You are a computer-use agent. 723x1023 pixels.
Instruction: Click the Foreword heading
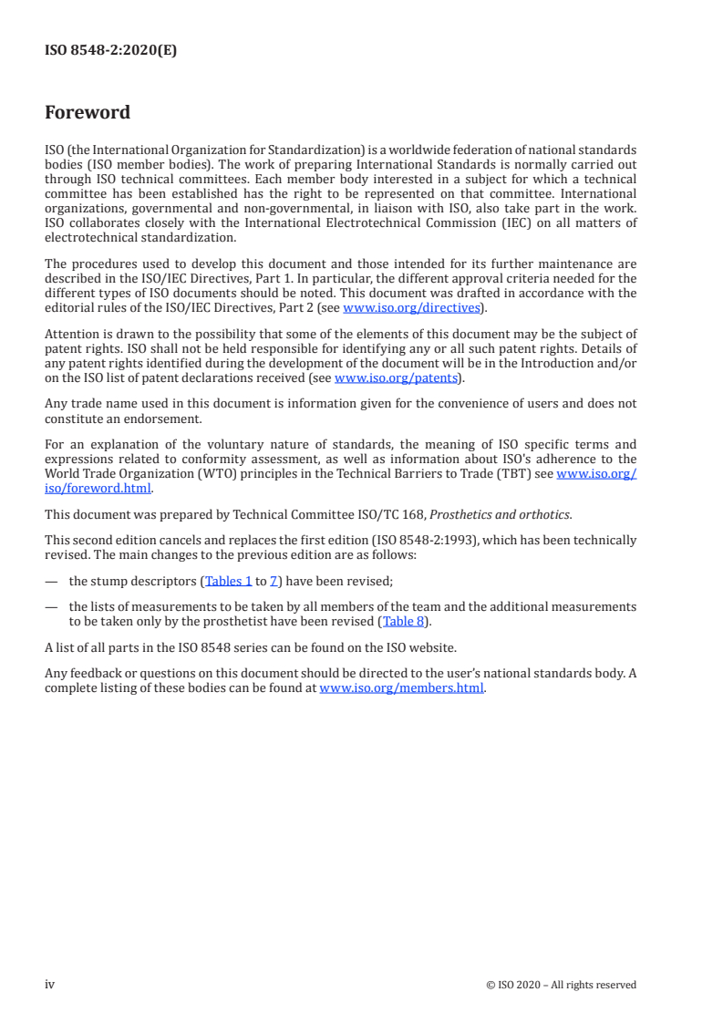pos(88,113)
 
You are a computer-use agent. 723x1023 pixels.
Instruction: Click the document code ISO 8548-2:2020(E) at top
pos(110,51)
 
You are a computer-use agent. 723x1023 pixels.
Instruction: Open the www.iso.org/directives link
pos(410,307)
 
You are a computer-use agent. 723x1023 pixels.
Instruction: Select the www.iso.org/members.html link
pos(401,688)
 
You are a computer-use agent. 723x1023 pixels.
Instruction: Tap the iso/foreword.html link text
pos(98,487)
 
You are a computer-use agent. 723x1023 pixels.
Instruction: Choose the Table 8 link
pos(402,622)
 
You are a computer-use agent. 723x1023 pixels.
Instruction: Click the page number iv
pos(50,984)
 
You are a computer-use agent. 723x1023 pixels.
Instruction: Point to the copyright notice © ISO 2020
pos(561,985)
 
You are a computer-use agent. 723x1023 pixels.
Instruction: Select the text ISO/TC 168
pos(389,514)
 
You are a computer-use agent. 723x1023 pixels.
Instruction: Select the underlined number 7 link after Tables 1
pos(273,581)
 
